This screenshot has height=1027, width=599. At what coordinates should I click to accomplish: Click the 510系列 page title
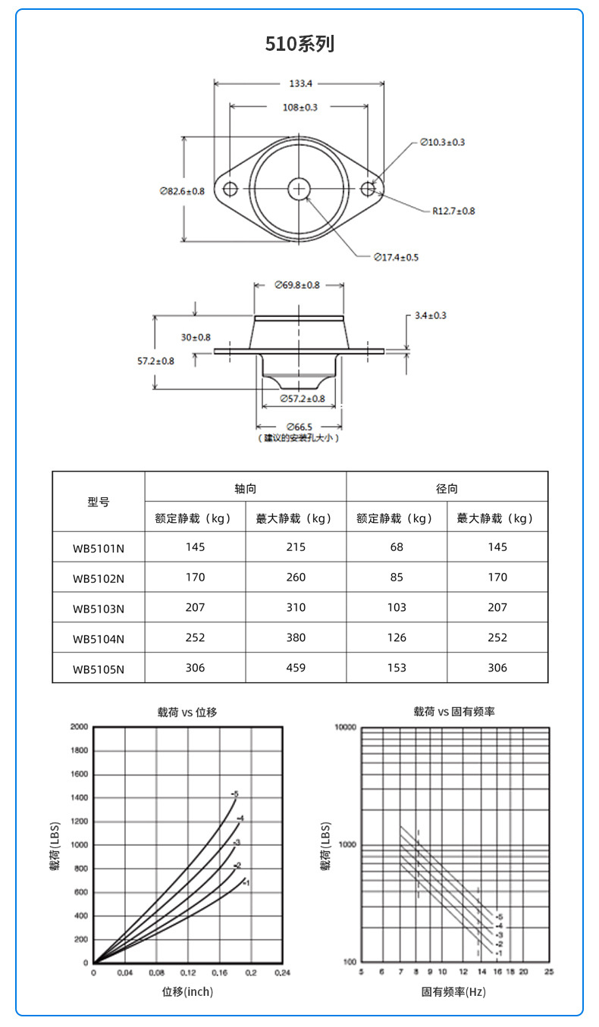point(299,44)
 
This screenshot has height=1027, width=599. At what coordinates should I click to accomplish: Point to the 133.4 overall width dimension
point(299,83)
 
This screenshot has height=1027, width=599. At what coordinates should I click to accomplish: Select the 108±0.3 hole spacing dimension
point(299,108)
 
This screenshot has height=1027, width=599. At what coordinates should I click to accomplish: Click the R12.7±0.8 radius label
point(453,211)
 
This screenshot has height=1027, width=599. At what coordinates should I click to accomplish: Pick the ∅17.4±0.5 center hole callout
point(396,258)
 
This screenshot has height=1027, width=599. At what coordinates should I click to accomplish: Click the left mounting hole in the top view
point(230,188)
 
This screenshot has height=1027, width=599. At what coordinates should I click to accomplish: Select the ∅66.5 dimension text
point(299,427)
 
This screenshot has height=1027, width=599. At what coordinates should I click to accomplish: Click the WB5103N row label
point(99,608)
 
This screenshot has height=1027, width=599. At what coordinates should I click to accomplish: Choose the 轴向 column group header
point(246,489)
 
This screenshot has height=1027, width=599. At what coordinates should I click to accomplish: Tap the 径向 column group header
point(447,489)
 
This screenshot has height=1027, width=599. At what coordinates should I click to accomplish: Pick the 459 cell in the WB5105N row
point(296,668)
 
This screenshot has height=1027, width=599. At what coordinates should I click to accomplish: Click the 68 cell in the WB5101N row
point(397,546)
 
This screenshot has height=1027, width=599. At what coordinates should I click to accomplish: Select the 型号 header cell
point(99,502)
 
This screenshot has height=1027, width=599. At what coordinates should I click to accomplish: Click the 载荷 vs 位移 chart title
point(187,712)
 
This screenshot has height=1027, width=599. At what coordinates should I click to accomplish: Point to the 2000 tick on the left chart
point(79,727)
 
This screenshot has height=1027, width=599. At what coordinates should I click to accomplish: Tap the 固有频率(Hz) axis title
point(454,991)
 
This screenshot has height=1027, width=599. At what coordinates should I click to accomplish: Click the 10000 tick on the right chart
point(345,728)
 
